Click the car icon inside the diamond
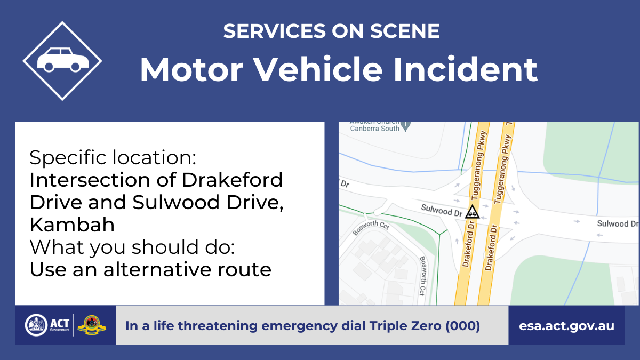point(63,60)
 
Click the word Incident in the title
point(465,70)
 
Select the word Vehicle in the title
point(318,70)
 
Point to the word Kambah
point(72,225)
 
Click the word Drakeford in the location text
point(232,180)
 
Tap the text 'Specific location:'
point(113,158)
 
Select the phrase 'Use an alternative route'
point(150,269)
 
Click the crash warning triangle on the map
point(472,212)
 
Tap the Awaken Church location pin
point(406,126)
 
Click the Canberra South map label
point(374,129)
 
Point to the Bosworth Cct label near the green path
point(371,227)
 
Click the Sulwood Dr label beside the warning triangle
point(442,210)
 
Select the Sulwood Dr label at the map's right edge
point(618,223)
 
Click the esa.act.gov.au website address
point(566,326)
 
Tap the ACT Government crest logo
point(36,325)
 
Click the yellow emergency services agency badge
point(92,325)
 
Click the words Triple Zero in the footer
point(405,326)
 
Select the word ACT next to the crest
point(60,323)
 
